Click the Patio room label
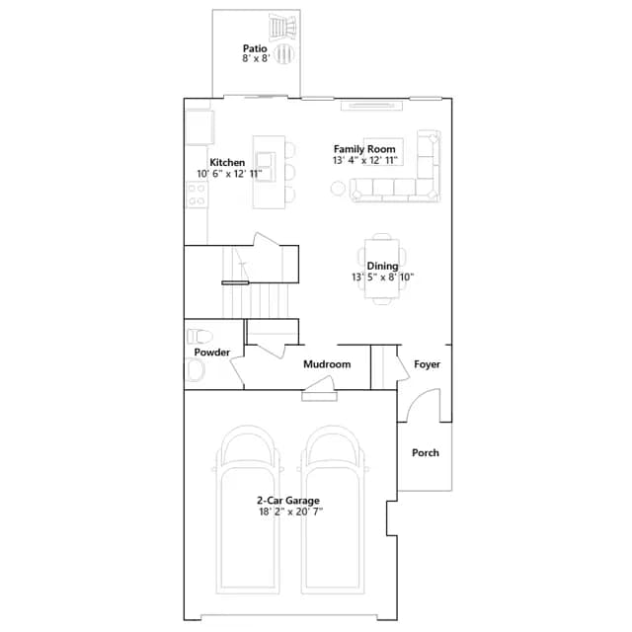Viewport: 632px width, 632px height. (255, 48)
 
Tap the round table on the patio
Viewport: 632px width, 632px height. (284, 53)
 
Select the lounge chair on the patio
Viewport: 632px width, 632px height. (284, 28)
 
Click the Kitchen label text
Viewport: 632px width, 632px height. (227, 162)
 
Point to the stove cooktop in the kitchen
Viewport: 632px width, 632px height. (197, 195)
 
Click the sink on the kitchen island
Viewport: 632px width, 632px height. (266, 167)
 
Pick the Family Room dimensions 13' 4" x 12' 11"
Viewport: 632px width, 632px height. (365, 160)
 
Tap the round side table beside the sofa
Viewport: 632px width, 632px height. (338, 189)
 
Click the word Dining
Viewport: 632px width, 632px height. (382, 266)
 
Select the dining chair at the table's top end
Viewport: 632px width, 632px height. (382, 236)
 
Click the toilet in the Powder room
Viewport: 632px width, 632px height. (199, 336)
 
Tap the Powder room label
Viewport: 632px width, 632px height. (212, 353)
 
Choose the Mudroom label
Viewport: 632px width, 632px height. (327, 364)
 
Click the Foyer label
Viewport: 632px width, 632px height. (427, 364)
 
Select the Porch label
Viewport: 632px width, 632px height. (426, 453)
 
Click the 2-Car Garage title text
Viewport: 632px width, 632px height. (288, 501)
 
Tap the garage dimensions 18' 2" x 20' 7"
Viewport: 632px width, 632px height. (290, 512)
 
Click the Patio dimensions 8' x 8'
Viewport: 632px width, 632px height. (256, 58)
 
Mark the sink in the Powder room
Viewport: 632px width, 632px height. (195, 370)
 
